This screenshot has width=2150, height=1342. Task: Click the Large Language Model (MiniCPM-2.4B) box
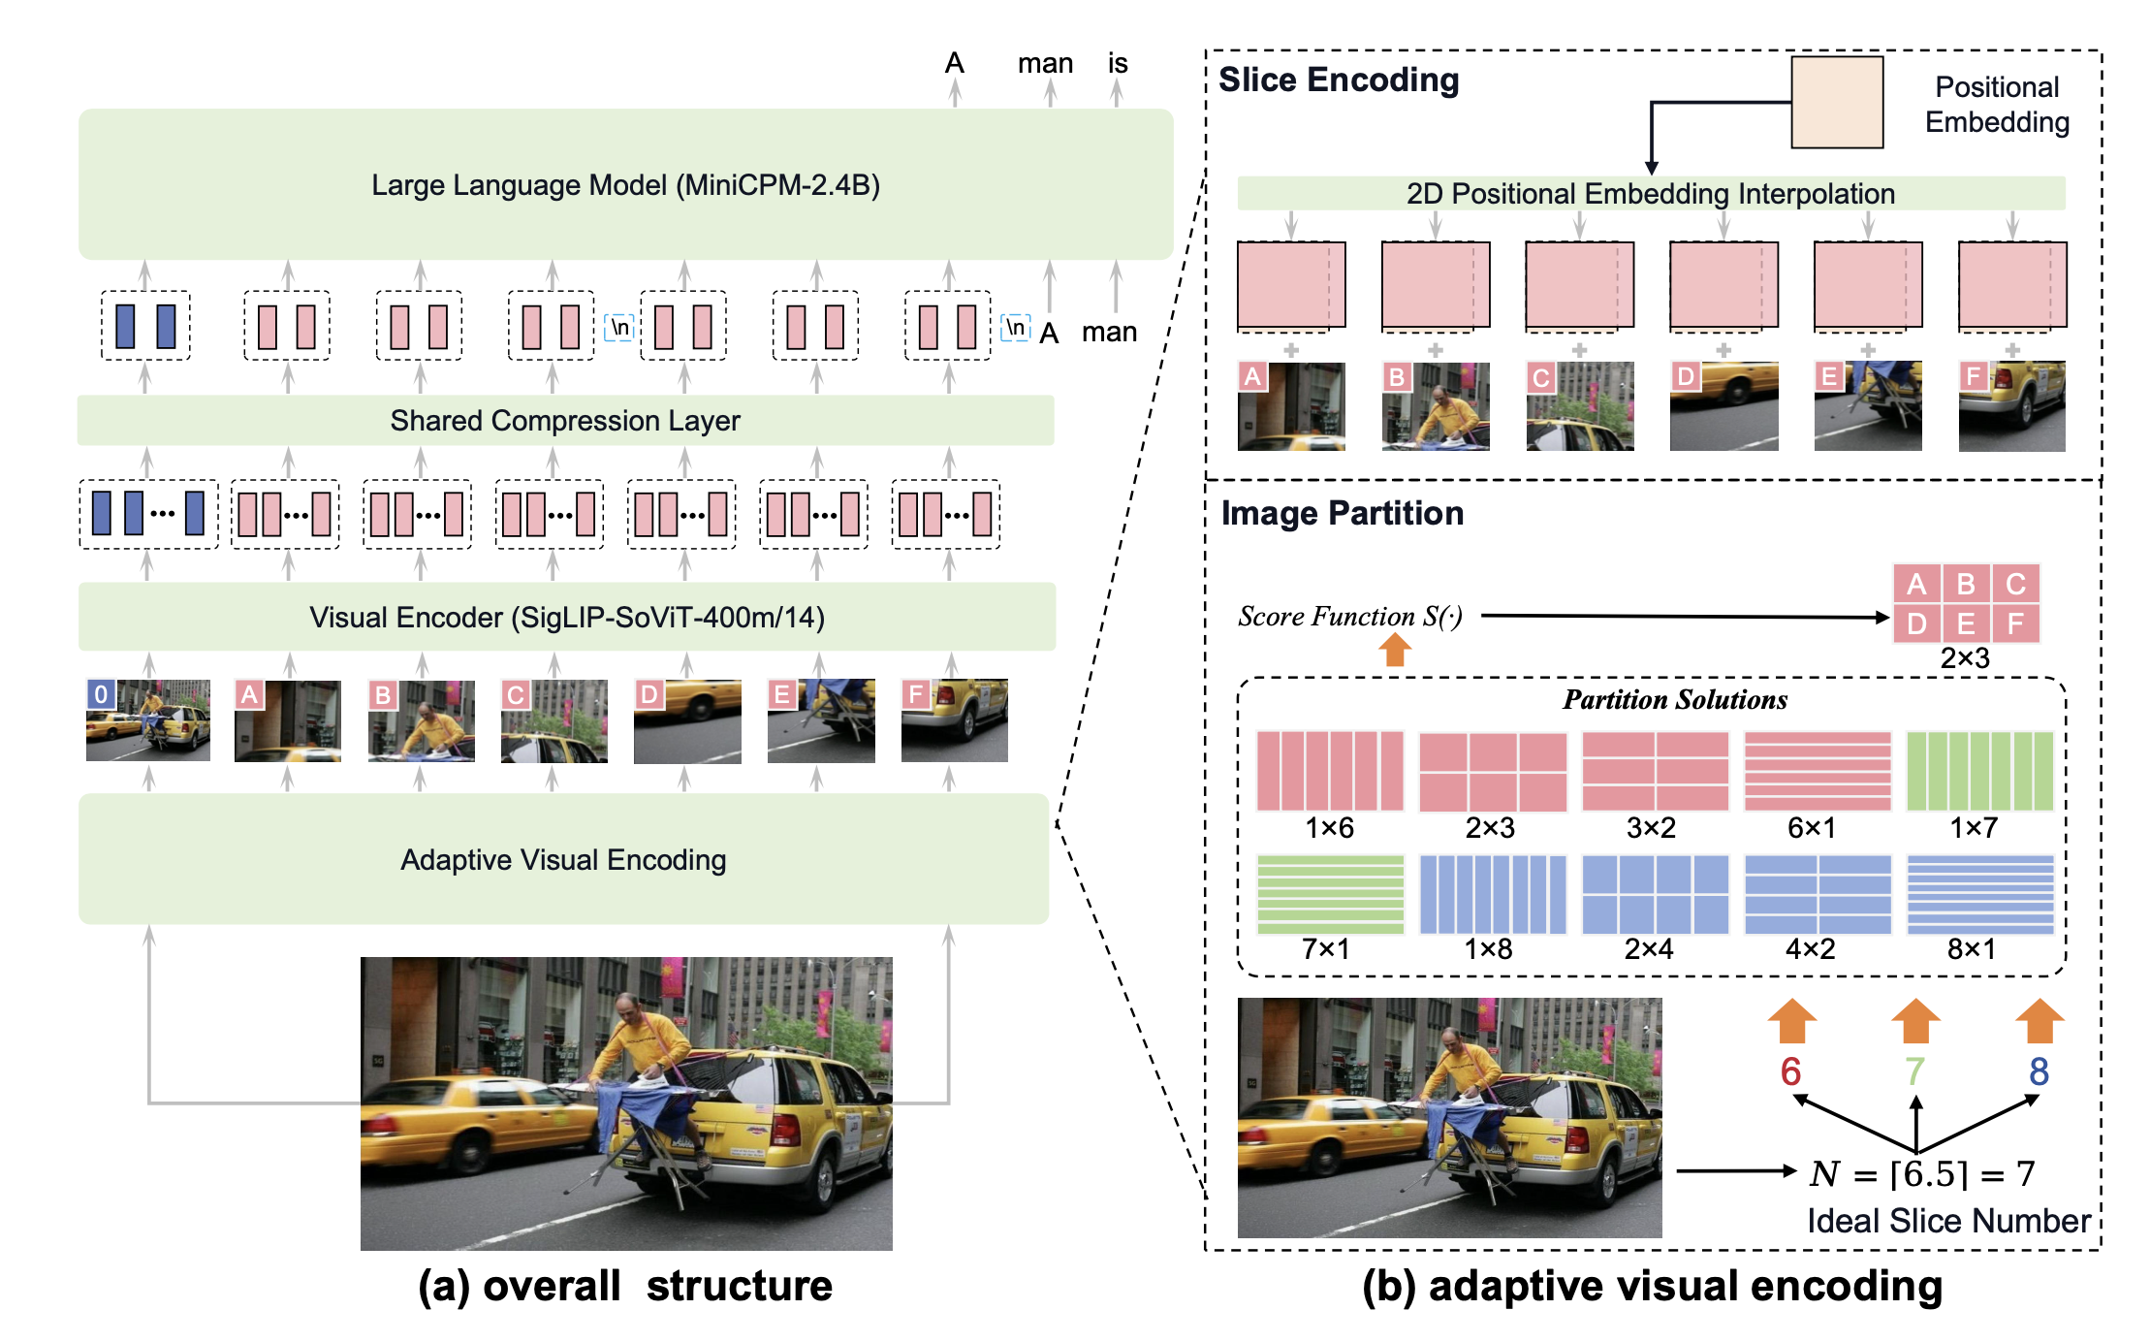[625, 184]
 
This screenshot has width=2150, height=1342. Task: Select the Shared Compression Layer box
[565, 420]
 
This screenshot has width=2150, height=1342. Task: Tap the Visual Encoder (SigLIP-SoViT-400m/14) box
[566, 617]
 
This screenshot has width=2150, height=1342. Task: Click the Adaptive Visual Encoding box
[563, 859]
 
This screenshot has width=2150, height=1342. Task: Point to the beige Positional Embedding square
[1836, 102]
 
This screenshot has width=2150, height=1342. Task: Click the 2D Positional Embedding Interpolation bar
[1650, 193]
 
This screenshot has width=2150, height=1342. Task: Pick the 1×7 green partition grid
[1979, 771]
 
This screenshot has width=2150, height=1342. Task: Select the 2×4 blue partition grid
[1655, 894]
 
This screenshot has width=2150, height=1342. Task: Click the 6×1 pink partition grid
[1818, 771]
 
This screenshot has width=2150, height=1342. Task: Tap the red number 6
[1790, 1071]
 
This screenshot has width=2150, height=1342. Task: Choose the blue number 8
[2039, 1071]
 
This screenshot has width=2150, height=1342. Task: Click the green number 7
[1914, 1071]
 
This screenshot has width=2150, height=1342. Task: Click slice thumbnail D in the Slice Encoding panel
[1723, 406]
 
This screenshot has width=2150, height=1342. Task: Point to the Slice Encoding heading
[1339, 80]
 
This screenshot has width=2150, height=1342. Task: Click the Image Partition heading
[1343, 513]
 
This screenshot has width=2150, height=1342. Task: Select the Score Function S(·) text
[1349, 617]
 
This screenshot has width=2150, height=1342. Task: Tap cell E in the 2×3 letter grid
[1966, 623]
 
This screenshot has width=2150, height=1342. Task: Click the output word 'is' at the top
[1118, 64]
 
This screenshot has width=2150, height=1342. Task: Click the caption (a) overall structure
[625, 1286]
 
